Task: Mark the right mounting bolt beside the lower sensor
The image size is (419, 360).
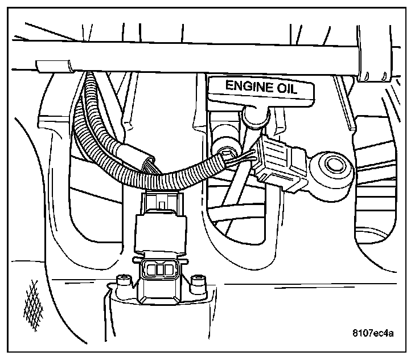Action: click(198, 281)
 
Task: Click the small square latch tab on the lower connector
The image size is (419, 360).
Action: click(162, 202)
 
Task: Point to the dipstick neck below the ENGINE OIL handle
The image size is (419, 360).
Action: click(252, 116)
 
